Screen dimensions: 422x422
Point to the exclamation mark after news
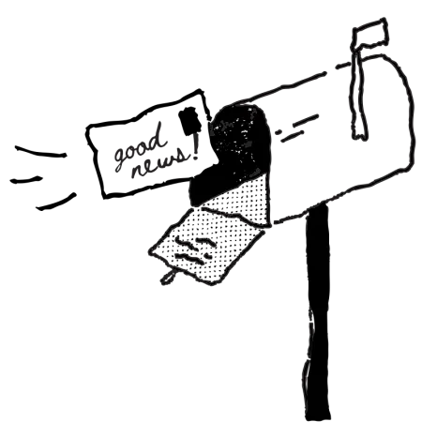point(196,145)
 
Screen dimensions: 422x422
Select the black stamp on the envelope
point(189,121)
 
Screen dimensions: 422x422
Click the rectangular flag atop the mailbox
point(369,34)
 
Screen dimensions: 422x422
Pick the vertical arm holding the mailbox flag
point(359,94)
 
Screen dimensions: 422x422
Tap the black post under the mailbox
point(318,312)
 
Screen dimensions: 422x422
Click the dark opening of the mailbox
point(234,150)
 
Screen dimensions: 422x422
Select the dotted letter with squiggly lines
point(206,246)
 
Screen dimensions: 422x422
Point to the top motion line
point(40,152)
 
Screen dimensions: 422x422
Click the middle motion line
point(26,179)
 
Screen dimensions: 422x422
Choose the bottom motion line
point(56,202)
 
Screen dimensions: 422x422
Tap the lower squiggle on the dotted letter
point(193,258)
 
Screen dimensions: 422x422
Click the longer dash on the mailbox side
point(305,119)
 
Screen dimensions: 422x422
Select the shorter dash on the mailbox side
point(292,136)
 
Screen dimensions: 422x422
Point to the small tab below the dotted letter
point(167,277)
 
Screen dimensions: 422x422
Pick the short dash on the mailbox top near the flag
point(343,66)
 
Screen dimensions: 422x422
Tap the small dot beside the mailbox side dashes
point(278,132)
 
